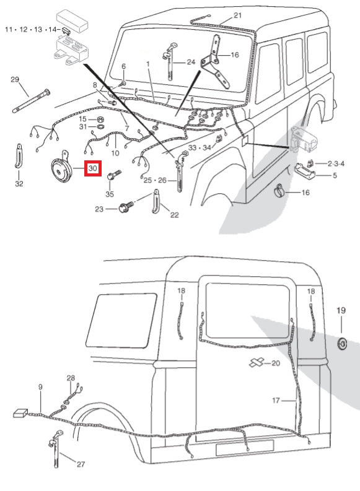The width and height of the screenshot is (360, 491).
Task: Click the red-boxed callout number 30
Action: (x=93, y=168)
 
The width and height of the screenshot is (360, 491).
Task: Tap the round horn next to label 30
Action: (x=61, y=168)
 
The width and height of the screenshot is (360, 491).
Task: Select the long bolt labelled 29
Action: (x=31, y=101)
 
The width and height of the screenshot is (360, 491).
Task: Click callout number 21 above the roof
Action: (x=238, y=15)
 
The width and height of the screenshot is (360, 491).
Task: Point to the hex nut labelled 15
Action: (x=100, y=119)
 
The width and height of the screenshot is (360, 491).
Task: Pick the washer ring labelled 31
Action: (x=100, y=127)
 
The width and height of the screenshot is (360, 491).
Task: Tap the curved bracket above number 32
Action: (x=19, y=156)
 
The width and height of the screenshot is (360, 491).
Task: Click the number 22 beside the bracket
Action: (x=175, y=215)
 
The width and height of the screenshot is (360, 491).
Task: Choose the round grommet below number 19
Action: (x=343, y=344)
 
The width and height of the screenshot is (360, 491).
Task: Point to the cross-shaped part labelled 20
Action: (x=257, y=362)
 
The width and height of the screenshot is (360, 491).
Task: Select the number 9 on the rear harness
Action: (x=40, y=387)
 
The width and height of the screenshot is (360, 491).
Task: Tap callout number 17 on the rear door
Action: (x=276, y=400)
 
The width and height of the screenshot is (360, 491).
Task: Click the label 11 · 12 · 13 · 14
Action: (x=31, y=30)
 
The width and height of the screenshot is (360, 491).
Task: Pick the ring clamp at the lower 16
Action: (x=281, y=192)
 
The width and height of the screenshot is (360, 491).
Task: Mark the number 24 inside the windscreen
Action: (x=191, y=62)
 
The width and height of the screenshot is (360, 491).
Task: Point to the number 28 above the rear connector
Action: (x=71, y=378)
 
